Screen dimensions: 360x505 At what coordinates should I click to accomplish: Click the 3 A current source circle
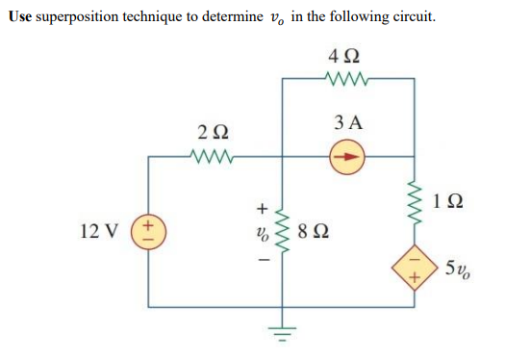(348, 153)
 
